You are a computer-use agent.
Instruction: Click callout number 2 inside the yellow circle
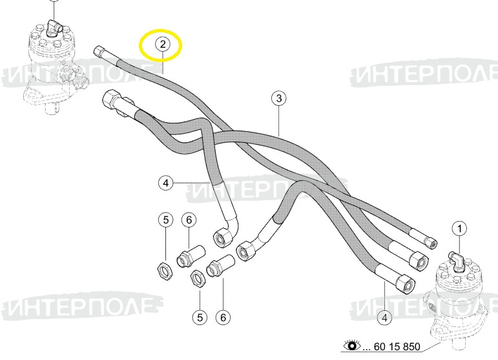[x=162, y=44]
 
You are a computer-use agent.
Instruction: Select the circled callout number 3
[x=278, y=98]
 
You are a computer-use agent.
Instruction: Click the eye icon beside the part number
[x=352, y=345]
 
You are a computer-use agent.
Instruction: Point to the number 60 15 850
[x=397, y=346]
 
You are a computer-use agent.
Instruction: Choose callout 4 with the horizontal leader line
[x=165, y=183]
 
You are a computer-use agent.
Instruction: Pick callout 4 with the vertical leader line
[x=384, y=317]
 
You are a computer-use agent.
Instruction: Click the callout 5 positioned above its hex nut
[x=166, y=220]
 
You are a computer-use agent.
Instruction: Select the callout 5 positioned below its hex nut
[x=200, y=317]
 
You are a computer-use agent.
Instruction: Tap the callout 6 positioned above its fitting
[x=189, y=220]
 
